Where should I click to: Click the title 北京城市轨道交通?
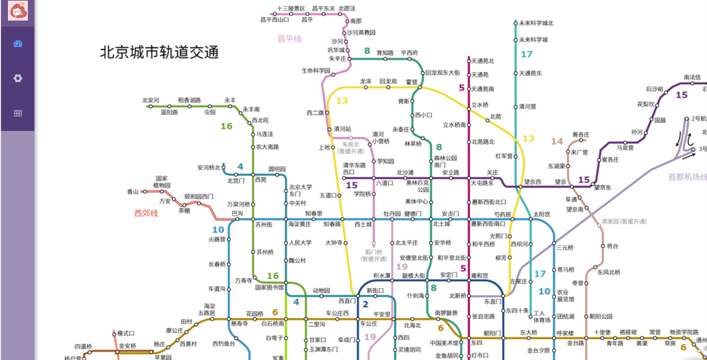pyautogui.click(x=159, y=52)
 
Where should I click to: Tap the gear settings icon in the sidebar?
pyautogui.click(x=18, y=78)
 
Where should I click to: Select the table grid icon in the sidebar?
pyautogui.click(x=18, y=113)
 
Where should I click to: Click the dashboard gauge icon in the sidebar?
pyautogui.click(x=18, y=44)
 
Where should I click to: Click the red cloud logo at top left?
pyautogui.click(x=18, y=11)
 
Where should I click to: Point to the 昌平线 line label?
pyautogui.click(x=289, y=39)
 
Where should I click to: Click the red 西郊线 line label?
pyautogui.click(x=146, y=213)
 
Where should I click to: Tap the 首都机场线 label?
pyautogui.click(x=687, y=177)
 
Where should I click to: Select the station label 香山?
pyautogui.click(x=133, y=192)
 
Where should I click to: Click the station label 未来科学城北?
pyautogui.click(x=536, y=23)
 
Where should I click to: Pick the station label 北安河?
pyautogui.click(x=151, y=100)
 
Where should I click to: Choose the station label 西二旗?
pyautogui.click(x=315, y=113)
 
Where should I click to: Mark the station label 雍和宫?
pyautogui.click(x=480, y=275)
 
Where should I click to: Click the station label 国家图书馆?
pyautogui.click(x=269, y=287)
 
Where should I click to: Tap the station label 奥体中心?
pyautogui.click(x=416, y=202)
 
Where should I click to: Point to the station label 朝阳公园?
pyautogui.click(x=601, y=317)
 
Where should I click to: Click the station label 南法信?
pyautogui.click(x=692, y=77)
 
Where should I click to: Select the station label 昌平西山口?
pyautogui.click(x=274, y=20)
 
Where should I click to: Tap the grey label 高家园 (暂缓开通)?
pyautogui.click(x=624, y=221)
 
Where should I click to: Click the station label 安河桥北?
pyautogui.click(x=209, y=168)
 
